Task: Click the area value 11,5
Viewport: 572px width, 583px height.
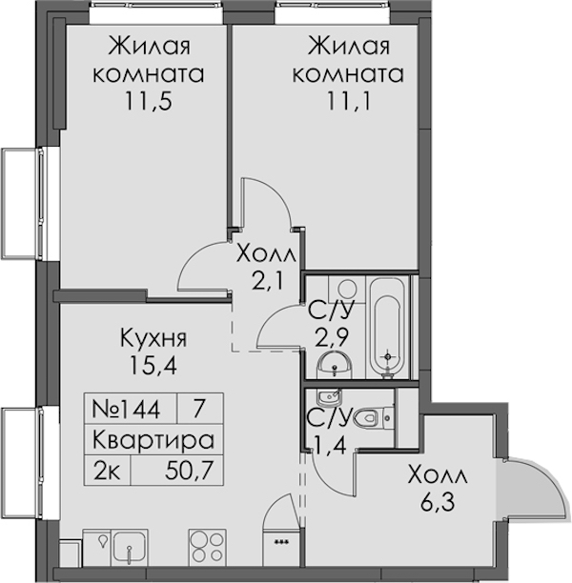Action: (149, 101)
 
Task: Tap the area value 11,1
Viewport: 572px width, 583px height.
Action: (349, 101)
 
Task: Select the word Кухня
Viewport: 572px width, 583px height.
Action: (153, 339)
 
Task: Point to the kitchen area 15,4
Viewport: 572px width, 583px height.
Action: (153, 365)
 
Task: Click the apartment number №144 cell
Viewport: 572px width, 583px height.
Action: (126, 409)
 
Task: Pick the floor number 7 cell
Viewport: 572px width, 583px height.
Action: (199, 408)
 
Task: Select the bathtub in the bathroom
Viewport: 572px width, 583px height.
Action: (387, 328)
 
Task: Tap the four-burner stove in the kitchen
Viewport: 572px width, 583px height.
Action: (207, 546)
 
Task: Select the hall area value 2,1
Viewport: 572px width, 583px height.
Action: (267, 281)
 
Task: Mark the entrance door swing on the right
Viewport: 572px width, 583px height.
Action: (536, 491)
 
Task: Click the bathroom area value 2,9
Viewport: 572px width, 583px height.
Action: (332, 337)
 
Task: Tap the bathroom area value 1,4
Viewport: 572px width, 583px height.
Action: (330, 444)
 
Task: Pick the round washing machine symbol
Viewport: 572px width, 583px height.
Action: (347, 288)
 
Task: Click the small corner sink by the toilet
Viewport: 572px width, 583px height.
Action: (329, 397)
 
